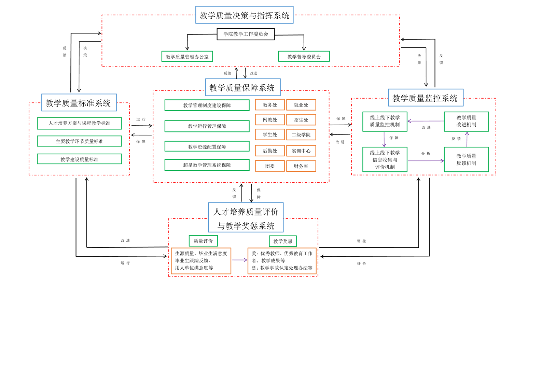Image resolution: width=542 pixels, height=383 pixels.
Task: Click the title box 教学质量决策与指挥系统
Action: (244, 15)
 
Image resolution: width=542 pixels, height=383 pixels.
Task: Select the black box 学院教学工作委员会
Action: (246, 34)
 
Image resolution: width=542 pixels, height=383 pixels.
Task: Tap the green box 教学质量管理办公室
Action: (187, 57)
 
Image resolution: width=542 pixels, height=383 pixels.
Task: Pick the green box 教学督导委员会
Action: (304, 57)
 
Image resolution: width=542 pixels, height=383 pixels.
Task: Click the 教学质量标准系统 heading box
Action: (79, 103)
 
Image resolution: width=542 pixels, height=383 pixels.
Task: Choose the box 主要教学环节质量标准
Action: (79, 141)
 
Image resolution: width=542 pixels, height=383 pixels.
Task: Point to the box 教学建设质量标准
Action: (79, 159)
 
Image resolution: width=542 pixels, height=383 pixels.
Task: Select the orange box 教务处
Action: (270, 105)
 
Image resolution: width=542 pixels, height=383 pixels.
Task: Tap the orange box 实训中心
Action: (301, 151)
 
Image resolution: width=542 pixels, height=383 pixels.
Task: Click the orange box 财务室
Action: (301, 166)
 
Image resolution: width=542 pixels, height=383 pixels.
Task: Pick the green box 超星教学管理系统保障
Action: (207, 165)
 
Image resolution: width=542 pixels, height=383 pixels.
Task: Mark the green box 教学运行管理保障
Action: (207, 126)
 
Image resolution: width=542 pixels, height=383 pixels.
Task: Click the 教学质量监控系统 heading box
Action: (426, 98)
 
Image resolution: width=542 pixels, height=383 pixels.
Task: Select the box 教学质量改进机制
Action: (466, 122)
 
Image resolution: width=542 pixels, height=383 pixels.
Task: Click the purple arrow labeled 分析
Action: (426, 161)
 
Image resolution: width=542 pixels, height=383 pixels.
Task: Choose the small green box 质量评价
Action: (203, 241)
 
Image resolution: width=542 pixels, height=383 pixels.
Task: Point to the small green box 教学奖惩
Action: (283, 241)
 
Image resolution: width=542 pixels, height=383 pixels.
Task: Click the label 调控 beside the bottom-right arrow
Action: (362, 241)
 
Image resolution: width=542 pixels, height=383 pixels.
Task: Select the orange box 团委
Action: (270, 166)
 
